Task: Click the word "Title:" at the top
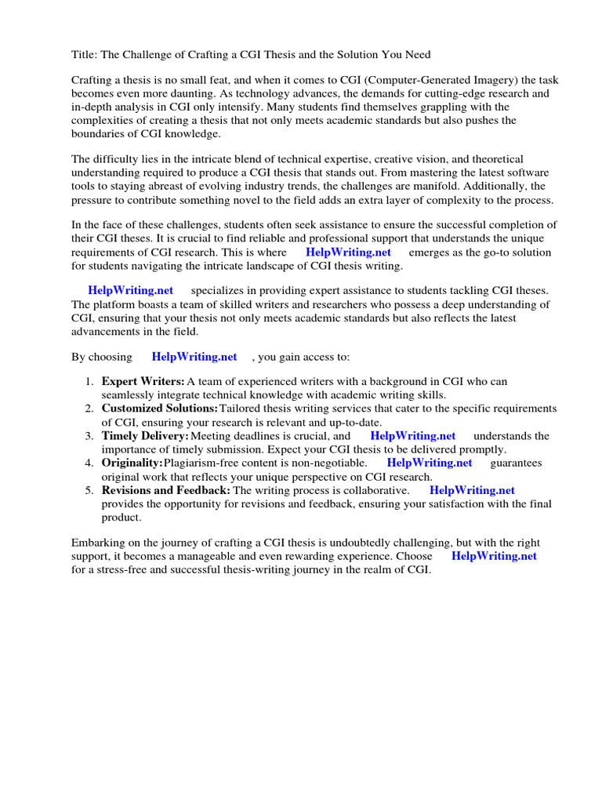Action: (x=85, y=55)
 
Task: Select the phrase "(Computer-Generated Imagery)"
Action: (x=412, y=80)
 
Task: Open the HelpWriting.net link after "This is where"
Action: (x=347, y=253)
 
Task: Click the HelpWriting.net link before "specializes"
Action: (x=130, y=291)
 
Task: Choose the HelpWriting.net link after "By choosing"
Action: (x=194, y=357)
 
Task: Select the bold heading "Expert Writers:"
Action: (x=143, y=382)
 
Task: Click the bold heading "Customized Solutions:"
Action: (x=160, y=409)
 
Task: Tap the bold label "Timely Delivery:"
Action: (x=145, y=436)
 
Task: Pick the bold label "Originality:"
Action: (x=132, y=463)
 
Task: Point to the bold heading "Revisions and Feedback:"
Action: (x=165, y=490)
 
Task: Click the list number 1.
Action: (x=89, y=382)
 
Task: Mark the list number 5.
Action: (x=89, y=490)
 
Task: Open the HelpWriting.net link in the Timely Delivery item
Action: (x=412, y=436)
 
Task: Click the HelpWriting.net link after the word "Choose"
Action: (x=494, y=556)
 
